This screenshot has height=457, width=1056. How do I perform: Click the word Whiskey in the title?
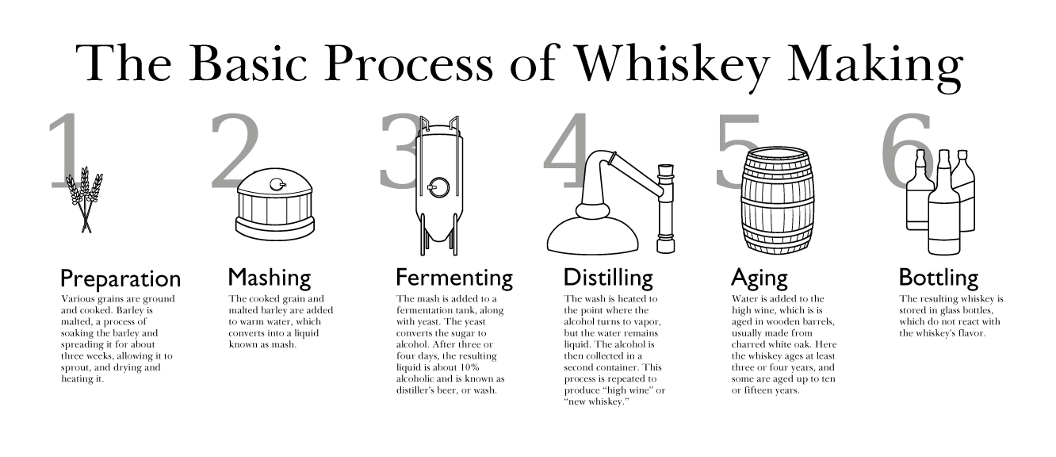pyautogui.click(x=673, y=64)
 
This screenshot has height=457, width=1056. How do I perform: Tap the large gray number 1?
pyautogui.click(x=66, y=151)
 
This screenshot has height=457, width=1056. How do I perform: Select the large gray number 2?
pyautogui.click(x=235, y=151)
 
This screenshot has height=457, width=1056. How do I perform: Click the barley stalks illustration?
pyautogui.click(x=85, y=199)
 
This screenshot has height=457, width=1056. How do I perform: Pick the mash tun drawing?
pyautogui.click(x=275, y=205)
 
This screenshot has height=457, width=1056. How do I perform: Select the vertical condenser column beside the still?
pyautogui.click(x=666, y=209)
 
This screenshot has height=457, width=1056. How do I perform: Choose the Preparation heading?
pyautogui.click(x=121, y=278)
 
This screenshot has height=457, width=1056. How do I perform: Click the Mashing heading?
pyautogui.click(x=270, y=278)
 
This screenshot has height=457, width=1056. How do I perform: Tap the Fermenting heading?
pyautogui.click(x=454, y=278)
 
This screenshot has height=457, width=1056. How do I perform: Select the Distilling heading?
pyautogui.click(x=609, y=278)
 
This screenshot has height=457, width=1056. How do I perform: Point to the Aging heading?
pyautogui.click(x=759, y=278)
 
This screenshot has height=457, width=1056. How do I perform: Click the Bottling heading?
pyautogui.click(x=939, y=278)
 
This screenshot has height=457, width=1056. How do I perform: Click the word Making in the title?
pyautogui.click(x=875, y=64)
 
